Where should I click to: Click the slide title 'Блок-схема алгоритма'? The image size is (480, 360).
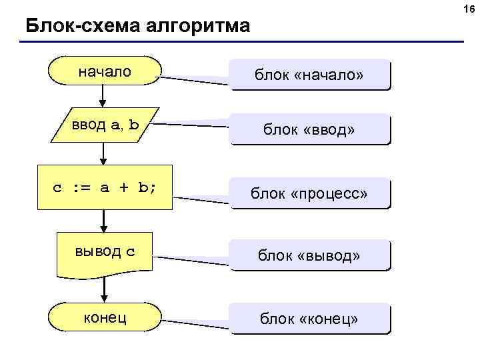pos(138,27)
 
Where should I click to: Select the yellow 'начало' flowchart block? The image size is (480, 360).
pos(105,71)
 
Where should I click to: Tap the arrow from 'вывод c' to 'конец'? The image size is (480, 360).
pos(104,289)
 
